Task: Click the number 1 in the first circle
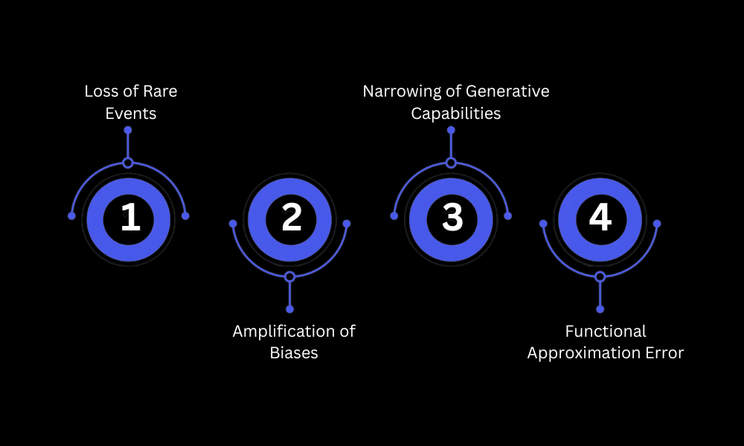130,219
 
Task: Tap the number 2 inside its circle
292,219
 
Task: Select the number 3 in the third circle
452,219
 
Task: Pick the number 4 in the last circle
600,218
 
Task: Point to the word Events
131,114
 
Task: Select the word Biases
294,353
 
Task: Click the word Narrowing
400,91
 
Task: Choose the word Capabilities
456,114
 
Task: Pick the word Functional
606,331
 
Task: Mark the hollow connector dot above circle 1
128,163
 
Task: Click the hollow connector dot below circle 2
289,277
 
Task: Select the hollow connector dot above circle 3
451,163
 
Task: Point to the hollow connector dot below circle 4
600,277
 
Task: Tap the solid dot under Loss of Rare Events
128,130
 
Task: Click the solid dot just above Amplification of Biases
289,308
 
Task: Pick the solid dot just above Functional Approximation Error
600,308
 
